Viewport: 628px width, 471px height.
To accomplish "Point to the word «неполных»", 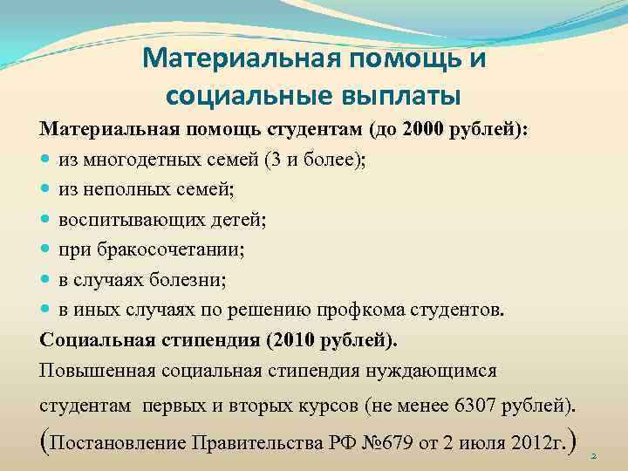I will pos(126,190).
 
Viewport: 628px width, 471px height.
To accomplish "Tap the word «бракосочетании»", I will pos(171,250).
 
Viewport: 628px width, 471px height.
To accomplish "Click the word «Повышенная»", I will pos(97,370).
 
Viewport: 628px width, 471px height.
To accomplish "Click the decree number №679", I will pos(383,442).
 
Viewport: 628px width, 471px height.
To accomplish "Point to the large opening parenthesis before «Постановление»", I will pos(45,440).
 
